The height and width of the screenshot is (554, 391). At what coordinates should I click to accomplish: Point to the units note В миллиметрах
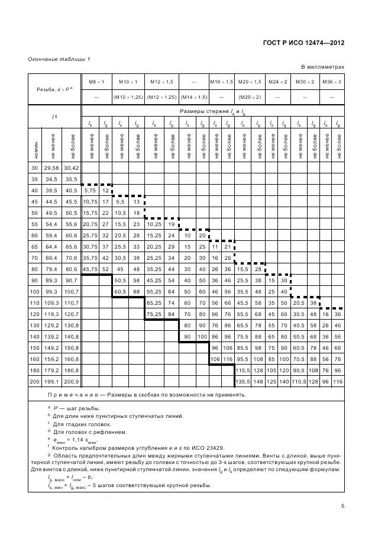(323, 67)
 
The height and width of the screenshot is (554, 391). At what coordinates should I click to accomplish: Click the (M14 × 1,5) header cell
(193, 96)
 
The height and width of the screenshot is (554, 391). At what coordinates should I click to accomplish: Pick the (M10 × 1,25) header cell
(128, 96)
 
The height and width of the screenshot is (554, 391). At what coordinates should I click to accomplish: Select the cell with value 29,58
(53, 168)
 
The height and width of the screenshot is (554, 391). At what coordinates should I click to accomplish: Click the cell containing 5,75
(90, 191)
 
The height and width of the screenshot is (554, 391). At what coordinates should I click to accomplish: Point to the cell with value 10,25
(153, 224)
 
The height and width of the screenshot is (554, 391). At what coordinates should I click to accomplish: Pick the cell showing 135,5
(243, 382)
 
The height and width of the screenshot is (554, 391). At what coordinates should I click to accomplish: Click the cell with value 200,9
(72, 382)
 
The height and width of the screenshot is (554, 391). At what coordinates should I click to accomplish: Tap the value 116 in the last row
(337, 382)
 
